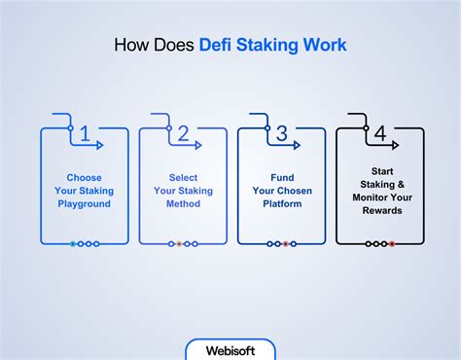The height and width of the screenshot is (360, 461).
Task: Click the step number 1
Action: click(85, 134)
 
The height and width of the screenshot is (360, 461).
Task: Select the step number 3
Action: click(281, 134)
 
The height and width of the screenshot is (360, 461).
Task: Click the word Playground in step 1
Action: click(85, 203)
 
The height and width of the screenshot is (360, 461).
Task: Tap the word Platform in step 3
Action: click(281, 203)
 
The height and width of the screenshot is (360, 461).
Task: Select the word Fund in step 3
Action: click(281, 178)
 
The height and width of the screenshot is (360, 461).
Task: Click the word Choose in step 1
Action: click(85, 178)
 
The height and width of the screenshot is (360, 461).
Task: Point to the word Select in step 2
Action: click(183, 178)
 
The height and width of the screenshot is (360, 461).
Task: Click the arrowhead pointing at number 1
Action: click(99, 145)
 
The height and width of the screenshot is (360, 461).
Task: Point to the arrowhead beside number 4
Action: click(395, 145)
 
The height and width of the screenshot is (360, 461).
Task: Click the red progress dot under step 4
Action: click(391, 243)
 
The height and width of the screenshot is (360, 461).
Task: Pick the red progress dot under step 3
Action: click(285, 243)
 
